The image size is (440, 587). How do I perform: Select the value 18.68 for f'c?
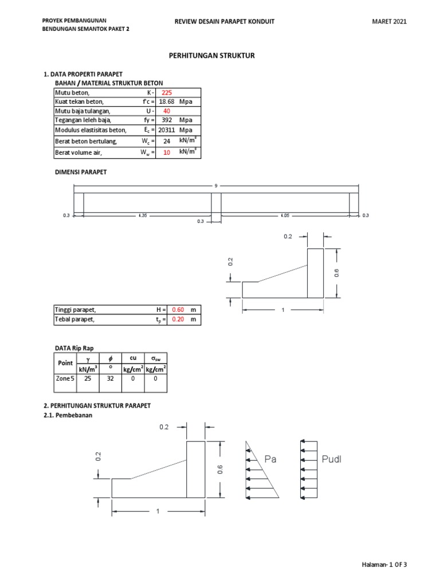pyautogui.click(x=167, y=102)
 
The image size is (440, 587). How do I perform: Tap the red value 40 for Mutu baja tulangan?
pyautogui.click(x=167, y=111)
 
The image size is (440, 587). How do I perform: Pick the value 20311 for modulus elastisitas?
pyautogui.click(x=167, y=130)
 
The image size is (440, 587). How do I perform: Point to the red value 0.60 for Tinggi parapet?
pyautogui.click(x=178, y=310)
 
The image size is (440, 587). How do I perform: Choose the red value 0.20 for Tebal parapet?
pyautogui.click(x=178, y=319)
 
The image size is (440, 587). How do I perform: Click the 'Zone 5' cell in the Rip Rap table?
pyautogui.click(x=65, y=379)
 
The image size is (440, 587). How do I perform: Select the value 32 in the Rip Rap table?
pyautogui.click(x=110, y=379)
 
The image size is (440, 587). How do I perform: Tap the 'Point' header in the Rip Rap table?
pyautogui.click(x=65, y=363)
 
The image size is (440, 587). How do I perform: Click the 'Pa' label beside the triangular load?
pyautogui.click(x=271, y=459)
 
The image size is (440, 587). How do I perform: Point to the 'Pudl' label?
pyautogui.click(x=331, y=459)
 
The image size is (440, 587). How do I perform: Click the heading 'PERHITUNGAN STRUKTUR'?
pyautogui.click(x=211, y=56)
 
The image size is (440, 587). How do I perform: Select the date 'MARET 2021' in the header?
pyautogui.click(x=389, y=21)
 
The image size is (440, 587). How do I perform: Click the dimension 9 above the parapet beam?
pyautogui.click(x=216, y=186)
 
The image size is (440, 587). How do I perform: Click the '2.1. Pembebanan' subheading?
pyautogui.click(x=68, y=416)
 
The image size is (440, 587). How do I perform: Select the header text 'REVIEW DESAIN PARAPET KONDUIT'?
pyautogui.click(x=224, y=21)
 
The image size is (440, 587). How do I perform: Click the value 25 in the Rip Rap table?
pyautogui.click(x=87, y=379)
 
